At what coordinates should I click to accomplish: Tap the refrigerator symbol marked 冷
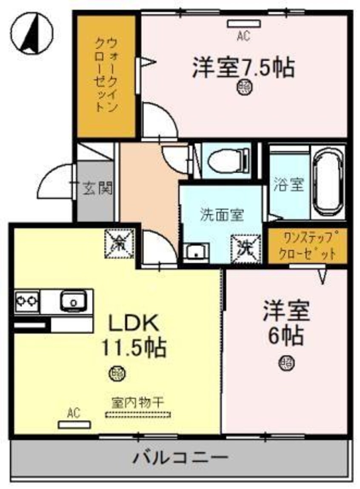click(120, 244)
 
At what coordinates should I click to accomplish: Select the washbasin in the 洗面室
click(196, 252)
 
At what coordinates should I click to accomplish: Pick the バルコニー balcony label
click(180, 458)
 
